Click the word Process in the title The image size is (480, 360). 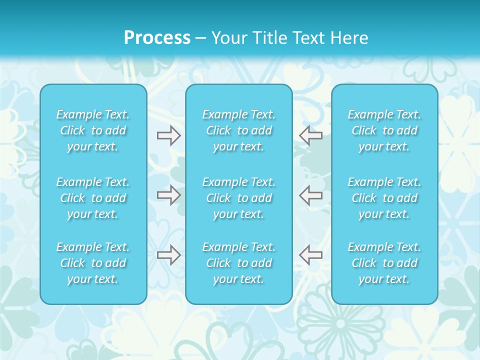(157, 38)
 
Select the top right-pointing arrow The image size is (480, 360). (168, 135)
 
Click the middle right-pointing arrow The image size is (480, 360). (168, 195)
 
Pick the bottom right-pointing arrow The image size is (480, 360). (168, 255)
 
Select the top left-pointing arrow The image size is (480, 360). (310, 135)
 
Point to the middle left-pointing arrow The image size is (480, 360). (310, 195)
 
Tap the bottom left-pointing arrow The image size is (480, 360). (310, 255)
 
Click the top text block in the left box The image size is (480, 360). (93, 130)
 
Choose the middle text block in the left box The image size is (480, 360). (93, 198)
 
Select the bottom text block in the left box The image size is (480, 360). (93, 263)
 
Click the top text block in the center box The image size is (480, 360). (239, 130)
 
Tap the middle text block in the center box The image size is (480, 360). (239, 198)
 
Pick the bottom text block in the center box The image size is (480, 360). (239, 263)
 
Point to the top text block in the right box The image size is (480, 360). (384, 130)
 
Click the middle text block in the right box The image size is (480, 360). (384, 198)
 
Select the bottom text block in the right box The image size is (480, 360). (384, 263)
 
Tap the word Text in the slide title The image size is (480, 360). (309, 38)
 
